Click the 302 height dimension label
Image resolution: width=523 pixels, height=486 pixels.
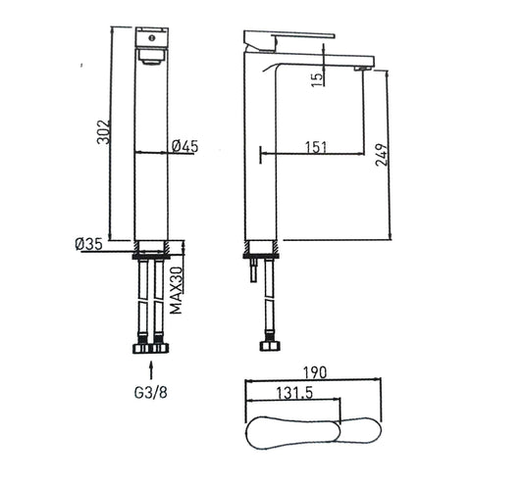[103, 132]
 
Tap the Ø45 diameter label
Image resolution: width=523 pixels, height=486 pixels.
[185, 146]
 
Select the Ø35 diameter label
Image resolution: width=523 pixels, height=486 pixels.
[88, 245]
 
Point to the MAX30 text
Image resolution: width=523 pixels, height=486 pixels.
[176, 290]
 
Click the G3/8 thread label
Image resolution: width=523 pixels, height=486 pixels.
[151, 393]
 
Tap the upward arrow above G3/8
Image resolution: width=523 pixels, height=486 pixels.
[151, 370]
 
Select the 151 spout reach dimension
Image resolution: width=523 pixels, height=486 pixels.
[316, 147]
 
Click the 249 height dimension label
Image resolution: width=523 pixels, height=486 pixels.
[382, 155]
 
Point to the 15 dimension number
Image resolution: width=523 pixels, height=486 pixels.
[318, 78]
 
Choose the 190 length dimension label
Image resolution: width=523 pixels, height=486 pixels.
[315, 372]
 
